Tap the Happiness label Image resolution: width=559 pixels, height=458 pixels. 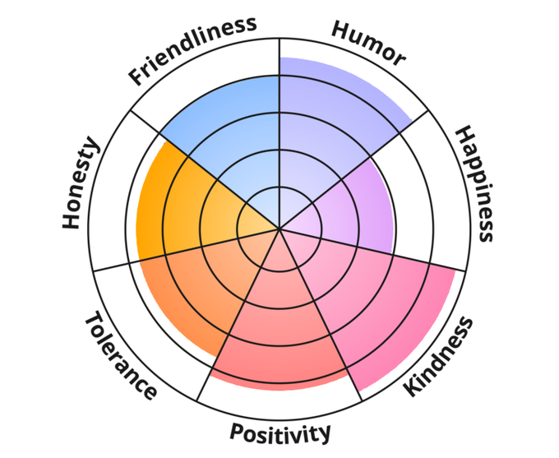[476, 183]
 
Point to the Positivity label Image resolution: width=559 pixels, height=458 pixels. [280, 432]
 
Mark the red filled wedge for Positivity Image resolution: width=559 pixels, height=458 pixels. [279, 329]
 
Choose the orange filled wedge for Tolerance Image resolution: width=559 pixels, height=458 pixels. [197, 288]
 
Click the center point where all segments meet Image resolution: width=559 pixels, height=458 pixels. [279, 229]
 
